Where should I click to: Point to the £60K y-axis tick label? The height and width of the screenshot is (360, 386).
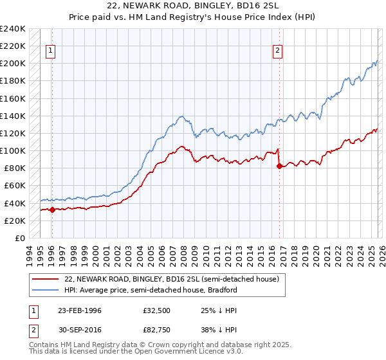point(14,186)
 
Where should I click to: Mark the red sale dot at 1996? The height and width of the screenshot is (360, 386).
point(52,210)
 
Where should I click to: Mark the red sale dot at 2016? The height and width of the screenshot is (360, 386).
point(279,166)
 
